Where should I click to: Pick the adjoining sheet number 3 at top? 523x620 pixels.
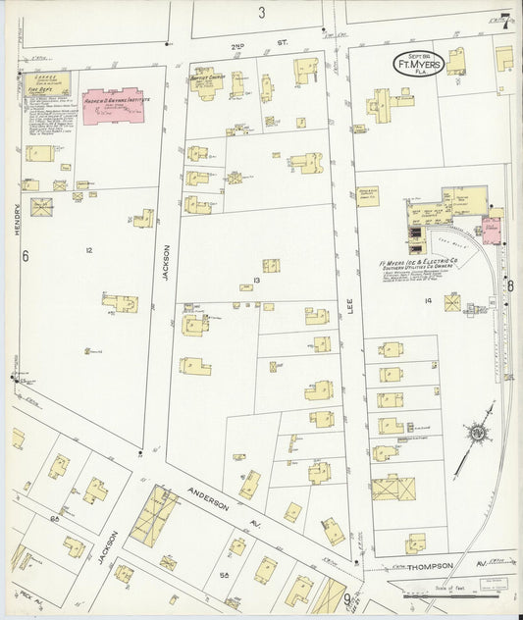[262, 13]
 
